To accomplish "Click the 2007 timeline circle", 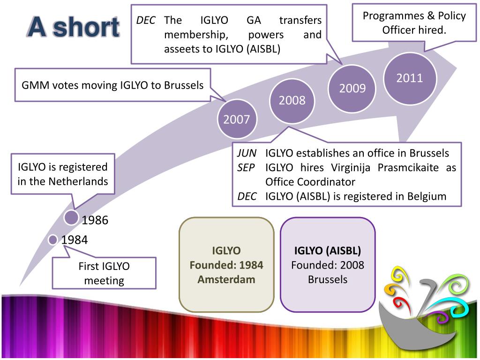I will (x=237, y=120).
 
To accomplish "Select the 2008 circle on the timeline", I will (x=292, y=100).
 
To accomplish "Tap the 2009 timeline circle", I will (x=352, y=88).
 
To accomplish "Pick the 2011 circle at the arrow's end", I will (x=410, y=78).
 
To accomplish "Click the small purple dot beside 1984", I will (x=53, y=240).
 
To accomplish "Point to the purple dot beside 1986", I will (x=71, y=217).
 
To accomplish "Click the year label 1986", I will (x=95, y=220).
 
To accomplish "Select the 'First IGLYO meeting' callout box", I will (x=104, y=273).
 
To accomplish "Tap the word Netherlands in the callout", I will (x=78, y=181).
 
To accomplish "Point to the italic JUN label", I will (x=247, y=153).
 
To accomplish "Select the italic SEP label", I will (x=246, y=167).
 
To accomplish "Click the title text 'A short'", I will (x=73, y=27).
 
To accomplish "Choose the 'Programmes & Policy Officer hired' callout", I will (x=414, y=23).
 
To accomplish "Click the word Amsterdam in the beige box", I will (x=226, y=279).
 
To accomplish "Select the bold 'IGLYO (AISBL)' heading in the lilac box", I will (x=328, y=250).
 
